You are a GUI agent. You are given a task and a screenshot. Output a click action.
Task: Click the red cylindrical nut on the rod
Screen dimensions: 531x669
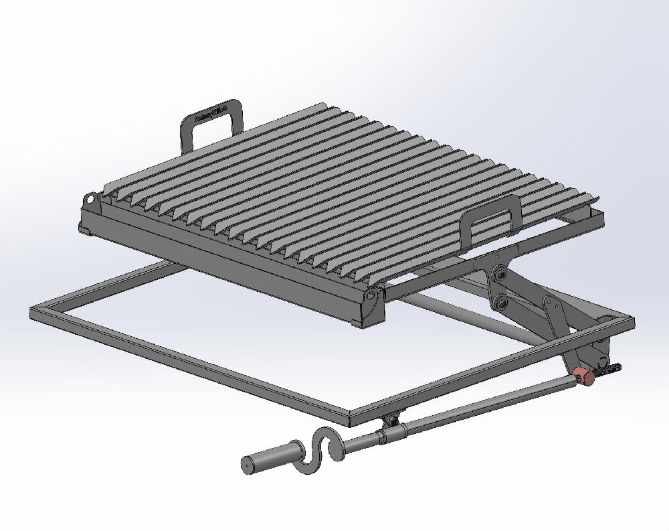[585, 377]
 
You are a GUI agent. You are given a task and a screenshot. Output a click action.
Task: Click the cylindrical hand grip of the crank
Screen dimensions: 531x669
[268, 459]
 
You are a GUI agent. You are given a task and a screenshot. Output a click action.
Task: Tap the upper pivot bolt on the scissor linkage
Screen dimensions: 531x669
[498, 273]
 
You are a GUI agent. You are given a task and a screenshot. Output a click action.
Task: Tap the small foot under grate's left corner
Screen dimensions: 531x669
[86, 230]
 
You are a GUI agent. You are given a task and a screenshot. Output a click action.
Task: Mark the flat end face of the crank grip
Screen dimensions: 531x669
[246, 465]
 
